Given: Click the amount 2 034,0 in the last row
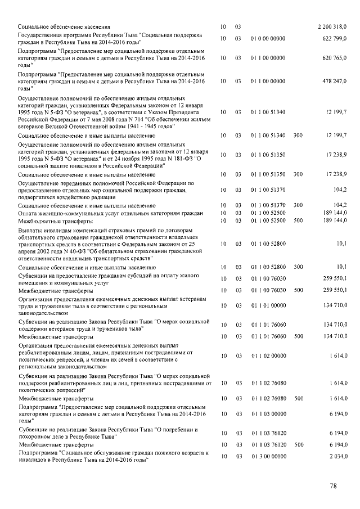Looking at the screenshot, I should [337, 456].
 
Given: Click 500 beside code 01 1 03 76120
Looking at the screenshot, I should [298, 445].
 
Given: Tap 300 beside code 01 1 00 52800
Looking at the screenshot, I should [298, 267].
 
